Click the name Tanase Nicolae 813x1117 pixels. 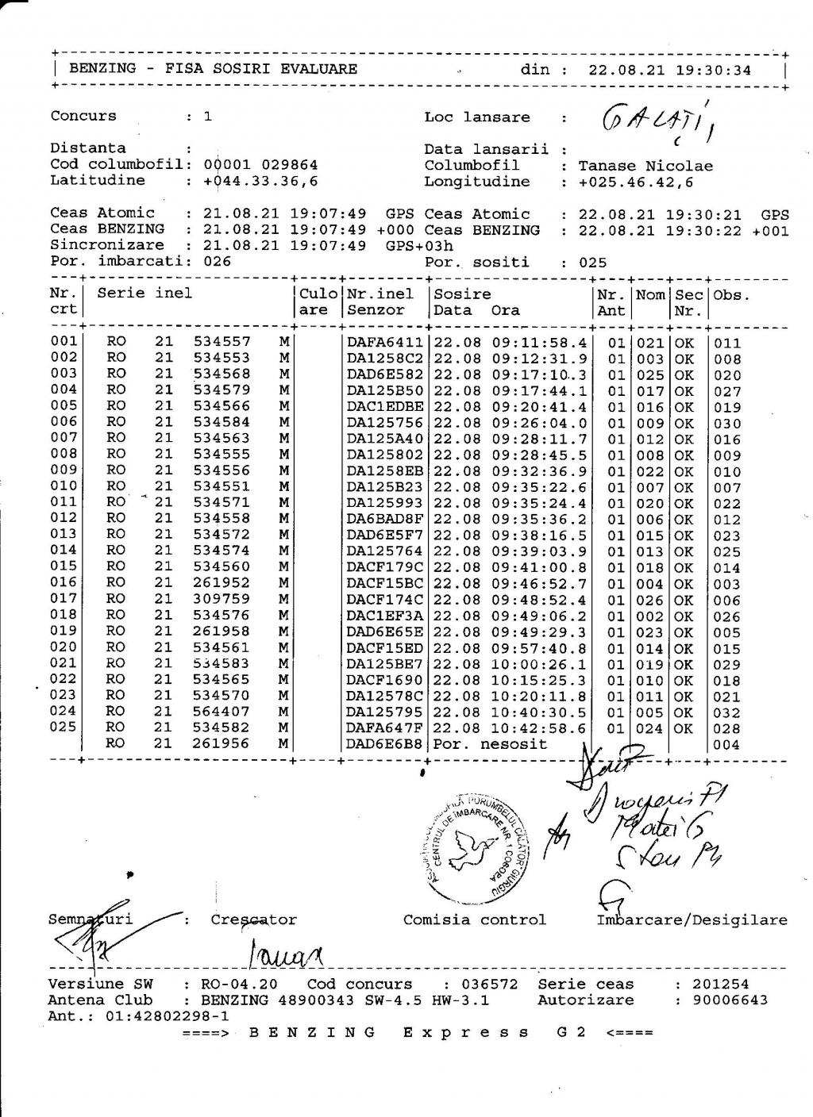coord(645,166)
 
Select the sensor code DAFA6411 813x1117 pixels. coord(385,343)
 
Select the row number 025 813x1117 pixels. coord(64,727)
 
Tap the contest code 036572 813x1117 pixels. coord(490,984)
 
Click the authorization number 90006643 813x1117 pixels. coord(730,1000)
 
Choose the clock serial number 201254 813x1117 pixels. coord(720,984)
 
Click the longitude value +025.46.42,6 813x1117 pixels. coord(635,182)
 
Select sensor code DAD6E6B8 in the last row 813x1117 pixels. coord(385,744)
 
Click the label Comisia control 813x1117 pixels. coord(474,919)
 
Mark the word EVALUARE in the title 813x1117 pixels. coord(318,69)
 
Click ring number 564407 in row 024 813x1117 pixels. coord(222,712)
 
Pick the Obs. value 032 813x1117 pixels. coord(727,712)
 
